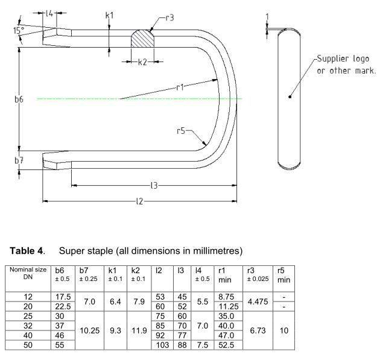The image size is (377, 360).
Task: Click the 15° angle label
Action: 17,30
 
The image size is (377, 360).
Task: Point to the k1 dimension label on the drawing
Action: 109,14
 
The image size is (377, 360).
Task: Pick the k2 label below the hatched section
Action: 142,62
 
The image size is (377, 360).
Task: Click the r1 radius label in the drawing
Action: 180,87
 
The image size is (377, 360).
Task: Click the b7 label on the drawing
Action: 10,160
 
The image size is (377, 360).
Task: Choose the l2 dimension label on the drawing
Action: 139,200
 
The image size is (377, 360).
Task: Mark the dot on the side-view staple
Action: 290,96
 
